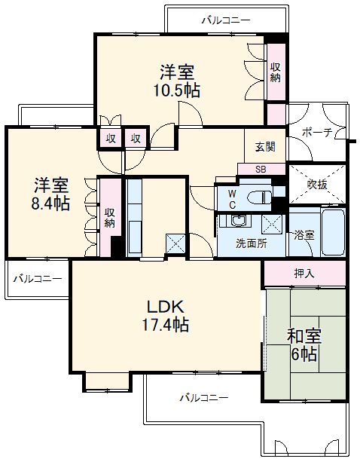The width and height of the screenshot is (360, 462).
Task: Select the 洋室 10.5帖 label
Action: tap(178, 81)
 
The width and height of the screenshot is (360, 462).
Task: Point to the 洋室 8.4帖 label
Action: tap(51, 194)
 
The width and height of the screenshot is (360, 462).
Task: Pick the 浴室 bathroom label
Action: tap(304, 234)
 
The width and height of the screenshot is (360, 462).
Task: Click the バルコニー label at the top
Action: tap(225, 20)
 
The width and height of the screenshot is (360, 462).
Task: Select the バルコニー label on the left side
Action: tap(37, 278)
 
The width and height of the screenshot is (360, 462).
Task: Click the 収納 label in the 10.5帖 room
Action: tap(276, 72)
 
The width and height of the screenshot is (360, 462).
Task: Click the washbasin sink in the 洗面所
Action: tap(239, 222)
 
